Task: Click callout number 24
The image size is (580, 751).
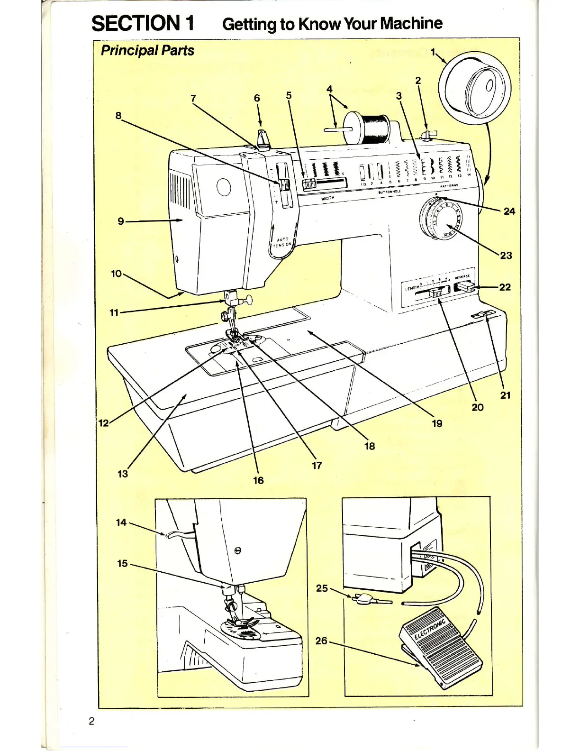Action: (509, 211)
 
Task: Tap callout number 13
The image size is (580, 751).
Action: (123, 474)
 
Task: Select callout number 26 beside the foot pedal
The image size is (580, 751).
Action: (321, 641)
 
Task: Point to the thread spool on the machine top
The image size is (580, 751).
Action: (372, 128)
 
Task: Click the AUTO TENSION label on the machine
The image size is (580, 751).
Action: (282, 242)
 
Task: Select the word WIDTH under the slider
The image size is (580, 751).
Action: (328, 198)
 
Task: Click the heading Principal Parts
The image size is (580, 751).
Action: (147, 50)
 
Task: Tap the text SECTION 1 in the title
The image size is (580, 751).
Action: (143, 23)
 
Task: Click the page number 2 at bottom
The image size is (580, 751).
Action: (91, 721)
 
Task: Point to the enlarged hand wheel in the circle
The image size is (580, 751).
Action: (475, 88)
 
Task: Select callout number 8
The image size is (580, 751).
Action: (118, 116)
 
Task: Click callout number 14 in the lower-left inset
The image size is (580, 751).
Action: (121, 522)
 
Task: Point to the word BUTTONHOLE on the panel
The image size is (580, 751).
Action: (390, 192)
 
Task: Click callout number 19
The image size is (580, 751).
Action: (437, 423)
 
